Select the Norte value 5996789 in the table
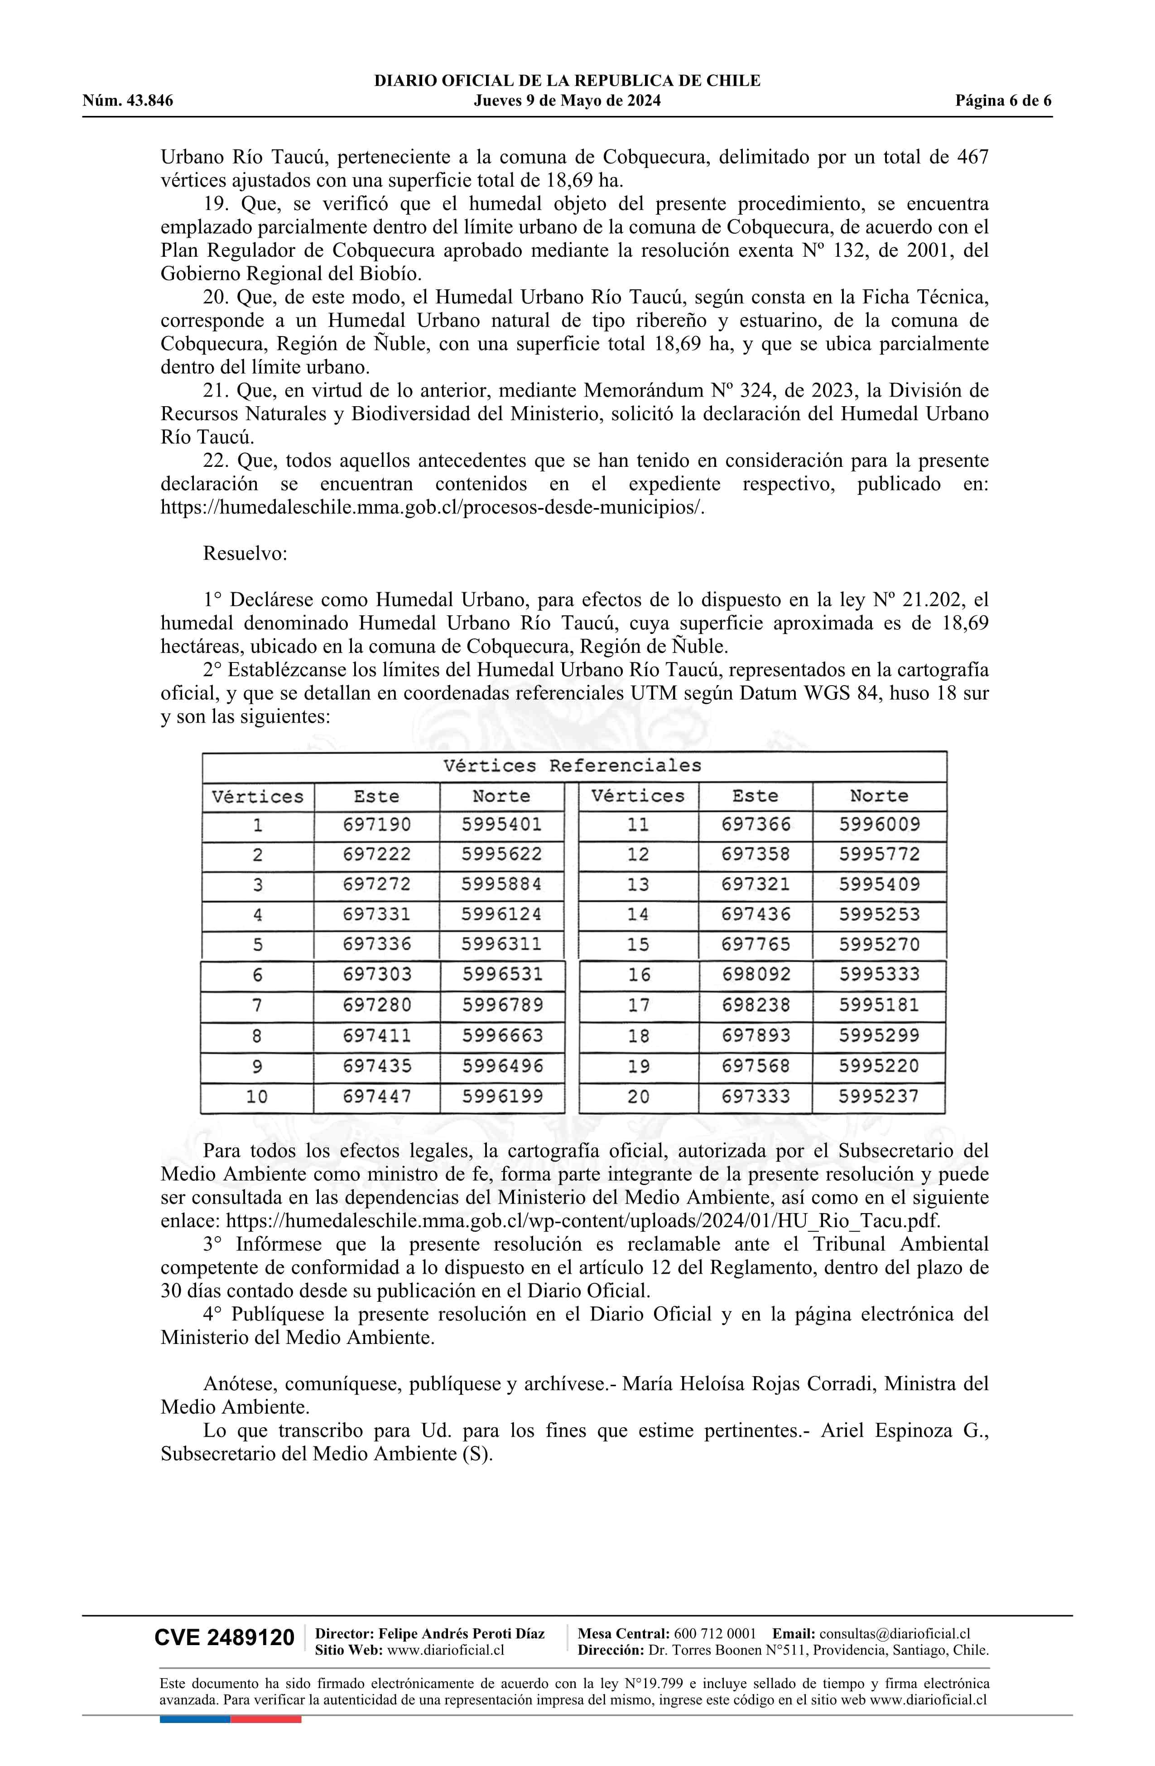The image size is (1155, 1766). [502, 1005]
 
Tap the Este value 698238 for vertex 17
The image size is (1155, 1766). [756, 1005]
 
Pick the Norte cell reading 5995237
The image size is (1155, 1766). [879, 1096]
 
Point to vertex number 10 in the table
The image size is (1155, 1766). [257, 1096]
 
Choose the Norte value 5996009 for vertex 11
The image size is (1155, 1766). [880, 825]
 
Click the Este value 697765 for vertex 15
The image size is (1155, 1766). [756, 945]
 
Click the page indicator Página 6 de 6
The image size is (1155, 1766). [1003, 101]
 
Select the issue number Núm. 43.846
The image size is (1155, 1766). [128, 101]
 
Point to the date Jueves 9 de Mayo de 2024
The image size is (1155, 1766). [567, 101]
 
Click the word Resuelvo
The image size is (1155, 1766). [245, 553]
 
